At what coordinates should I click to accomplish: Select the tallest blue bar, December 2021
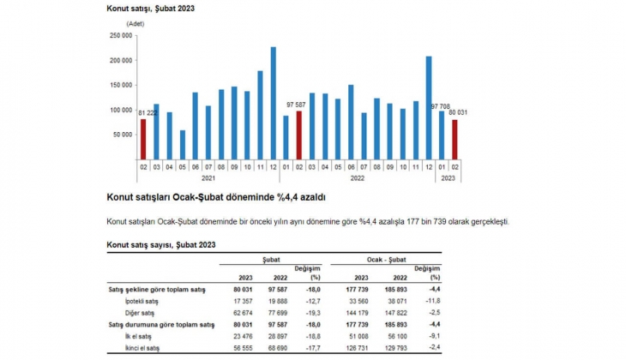point(274,102)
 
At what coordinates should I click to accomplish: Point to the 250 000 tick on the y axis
point(120,35)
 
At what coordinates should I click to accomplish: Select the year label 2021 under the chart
point(208,178)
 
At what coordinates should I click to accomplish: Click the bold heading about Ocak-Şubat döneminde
point(215,197)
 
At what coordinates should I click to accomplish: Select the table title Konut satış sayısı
point(160,245)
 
